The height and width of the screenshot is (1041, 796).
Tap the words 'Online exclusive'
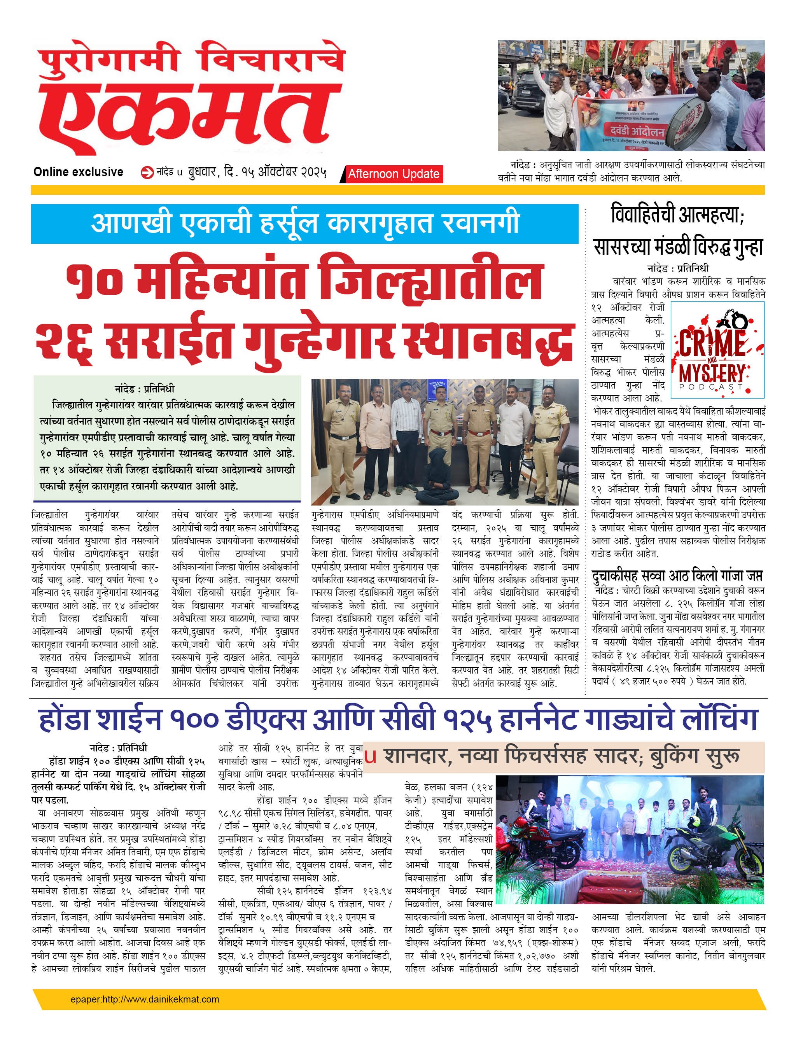(78, 172)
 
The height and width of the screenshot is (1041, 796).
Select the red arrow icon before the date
(147, 173)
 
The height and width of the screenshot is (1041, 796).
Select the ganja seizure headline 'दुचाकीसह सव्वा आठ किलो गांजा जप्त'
(677, 576)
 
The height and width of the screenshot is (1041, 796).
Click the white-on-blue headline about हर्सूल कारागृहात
(304, 224)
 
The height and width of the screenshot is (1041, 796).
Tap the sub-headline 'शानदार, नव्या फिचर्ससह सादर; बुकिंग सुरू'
(562, 756)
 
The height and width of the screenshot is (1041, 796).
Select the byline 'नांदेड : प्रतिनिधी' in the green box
(145, 388)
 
